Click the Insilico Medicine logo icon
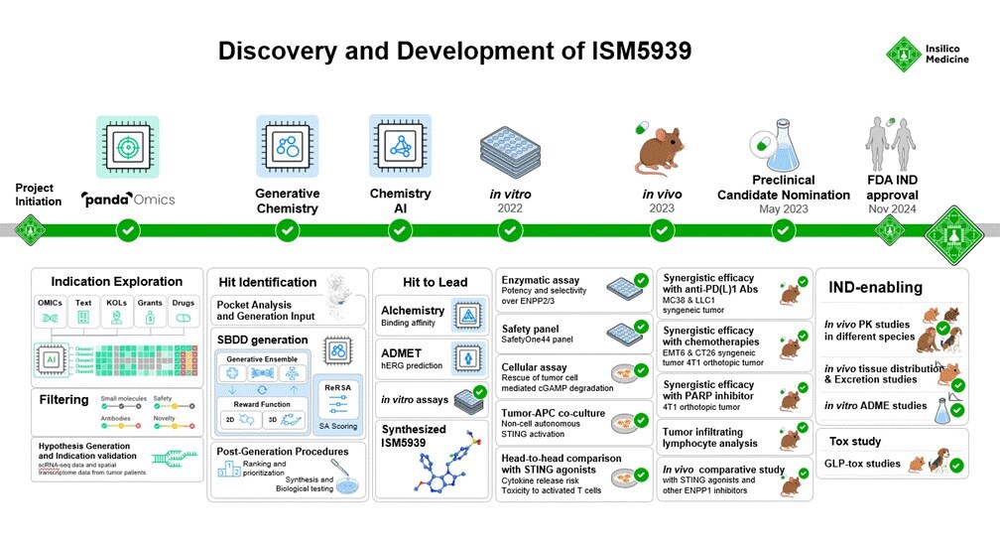pos(904,56)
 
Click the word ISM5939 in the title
pos(623,51)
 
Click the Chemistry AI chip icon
pos(400,147)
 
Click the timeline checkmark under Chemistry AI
pos(400,230)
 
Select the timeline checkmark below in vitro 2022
pos(510,230)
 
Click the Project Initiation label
pos(35,195)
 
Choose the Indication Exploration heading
pos(116,282)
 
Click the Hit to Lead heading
pos(435,282)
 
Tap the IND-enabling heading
pos(875,288)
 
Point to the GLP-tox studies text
pos(862,464)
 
